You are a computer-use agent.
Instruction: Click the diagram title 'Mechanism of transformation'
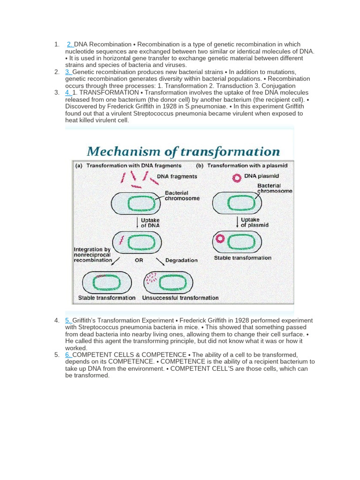(x=183, y=151)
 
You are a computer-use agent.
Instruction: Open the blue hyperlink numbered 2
(x=70, y=45)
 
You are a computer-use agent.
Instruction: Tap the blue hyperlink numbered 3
(x=68, y=72)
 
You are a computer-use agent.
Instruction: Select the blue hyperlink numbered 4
(x=68, y=93)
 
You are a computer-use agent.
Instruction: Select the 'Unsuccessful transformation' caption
(x=180, y=298)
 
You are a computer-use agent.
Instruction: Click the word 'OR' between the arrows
(x=139, y=260)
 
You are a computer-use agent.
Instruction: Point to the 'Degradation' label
(x=181, y=260)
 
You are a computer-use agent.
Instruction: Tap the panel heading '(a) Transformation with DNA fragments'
(x=127, y=165)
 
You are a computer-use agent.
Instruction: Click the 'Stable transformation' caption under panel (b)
(x=242, y=258)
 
